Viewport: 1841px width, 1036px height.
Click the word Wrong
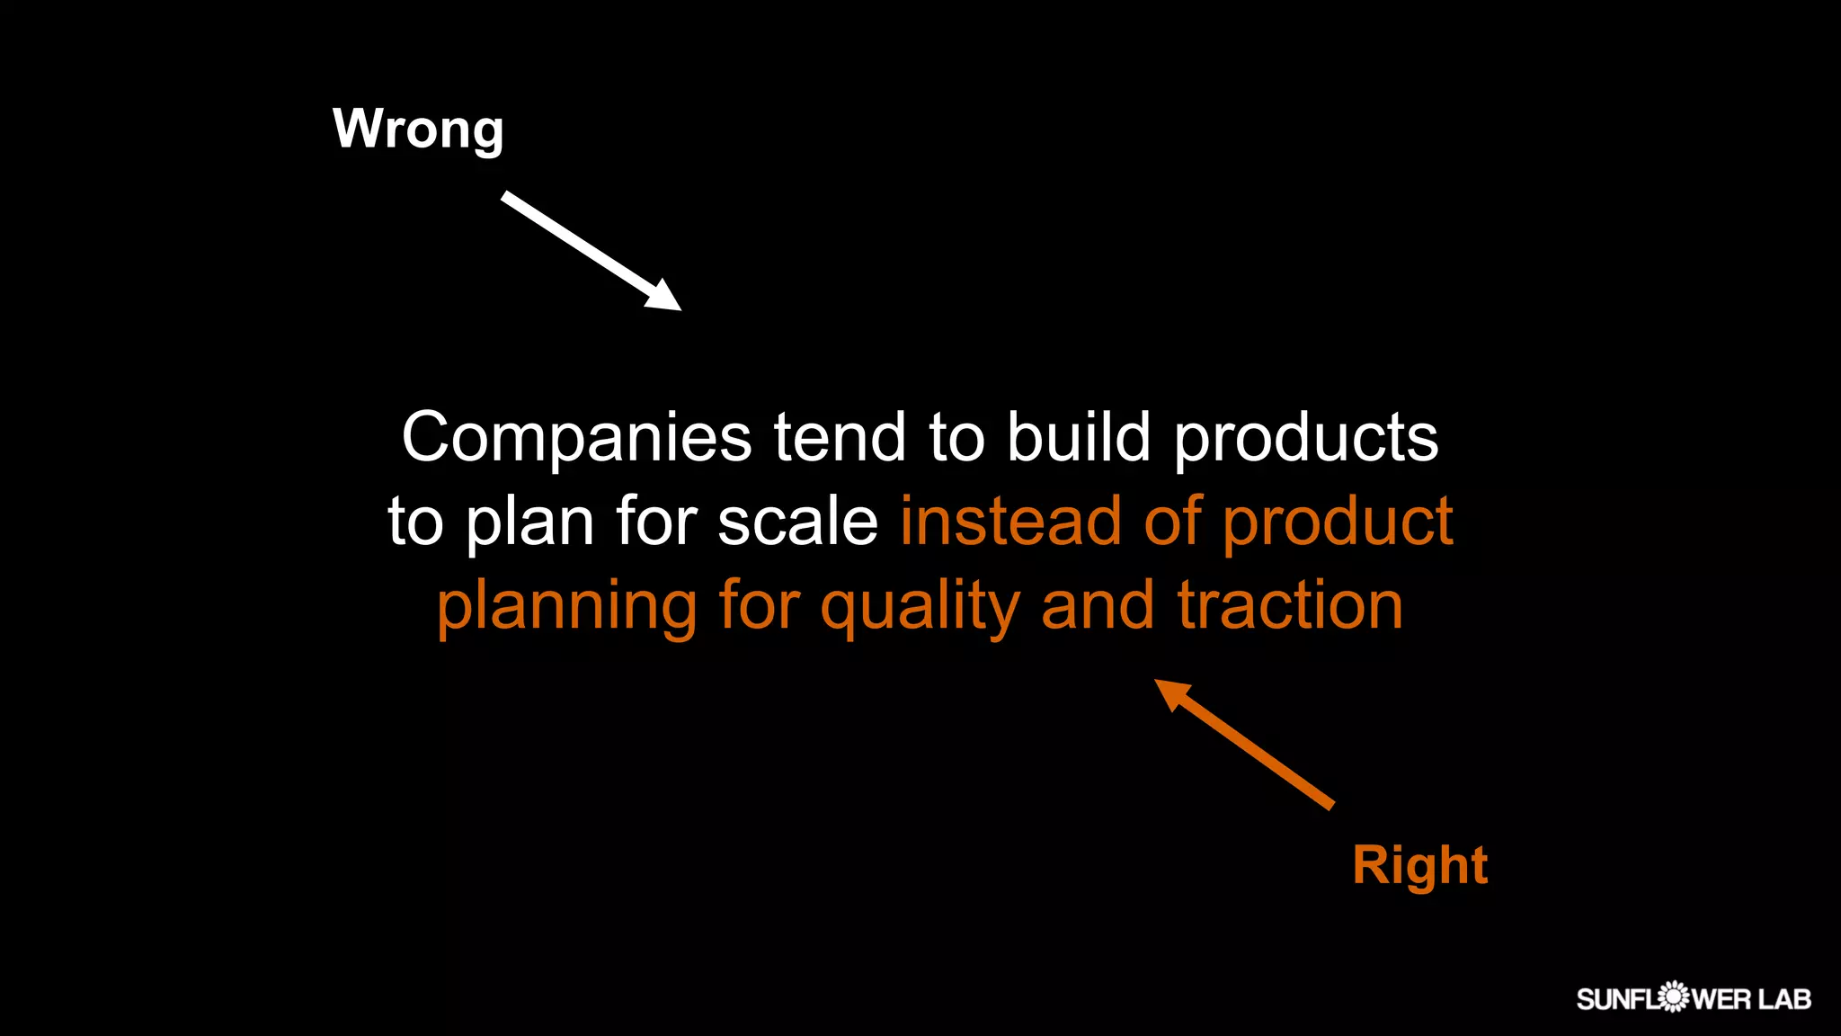(418, 129)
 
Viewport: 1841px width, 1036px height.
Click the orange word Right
(1419, 865)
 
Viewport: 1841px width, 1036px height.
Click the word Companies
(576, 438)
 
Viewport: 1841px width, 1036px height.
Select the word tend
(840, 438)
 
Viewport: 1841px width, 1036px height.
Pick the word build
(1079, 438)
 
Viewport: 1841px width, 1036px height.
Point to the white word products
(1306, 438)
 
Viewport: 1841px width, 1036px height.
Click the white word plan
(529, 522)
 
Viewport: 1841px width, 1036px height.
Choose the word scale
(797, 522)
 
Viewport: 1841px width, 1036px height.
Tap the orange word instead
(1010, 522)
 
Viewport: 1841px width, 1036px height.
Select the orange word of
(1173, 522)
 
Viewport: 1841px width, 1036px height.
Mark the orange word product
(1338, 522)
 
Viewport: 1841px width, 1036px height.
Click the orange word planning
(566, 606)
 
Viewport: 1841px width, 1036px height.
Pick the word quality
(920, 606)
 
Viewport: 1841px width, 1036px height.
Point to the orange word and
(1098, 606)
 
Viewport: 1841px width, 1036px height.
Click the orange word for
(760, 606)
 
